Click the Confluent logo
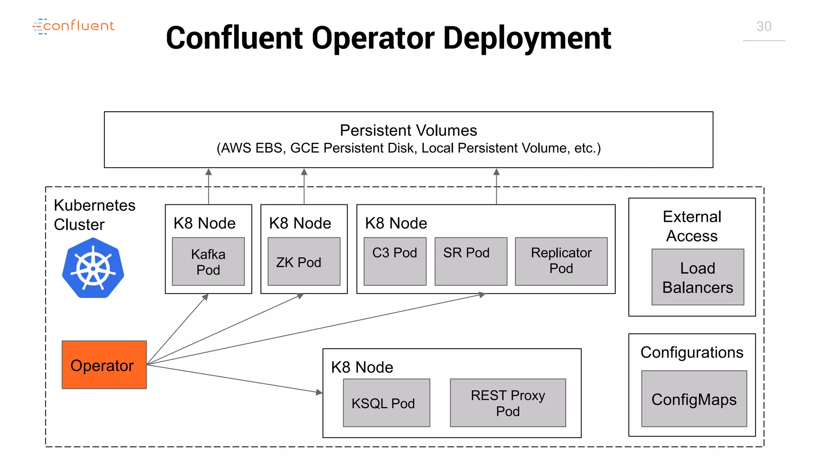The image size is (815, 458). [x=74, y=26]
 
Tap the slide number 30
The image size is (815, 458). [x=763, y=27]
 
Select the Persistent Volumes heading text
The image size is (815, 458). [x=408, y=130]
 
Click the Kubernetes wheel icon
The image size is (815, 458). [x=93, y=268]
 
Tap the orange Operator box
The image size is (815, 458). [x=104, y=365]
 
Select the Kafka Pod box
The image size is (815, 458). [x=208, y=262]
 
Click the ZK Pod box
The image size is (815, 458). [x=304, y=262]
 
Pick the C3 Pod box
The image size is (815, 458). [x=395, y=261]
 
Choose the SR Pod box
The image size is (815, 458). [x=470, y=261]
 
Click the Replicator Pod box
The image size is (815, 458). [x=561, y=261]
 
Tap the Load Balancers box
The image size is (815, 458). [x=697, y=277]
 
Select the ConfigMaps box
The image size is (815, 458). [x=694, y=399]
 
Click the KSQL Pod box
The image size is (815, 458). [x=386, y=403]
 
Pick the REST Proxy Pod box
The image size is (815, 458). [x=507, y=403]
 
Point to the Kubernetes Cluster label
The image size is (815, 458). [x=94, y=215]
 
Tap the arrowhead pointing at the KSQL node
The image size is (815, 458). [x=319, y=392]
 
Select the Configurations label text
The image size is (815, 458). [x=692, y=352]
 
